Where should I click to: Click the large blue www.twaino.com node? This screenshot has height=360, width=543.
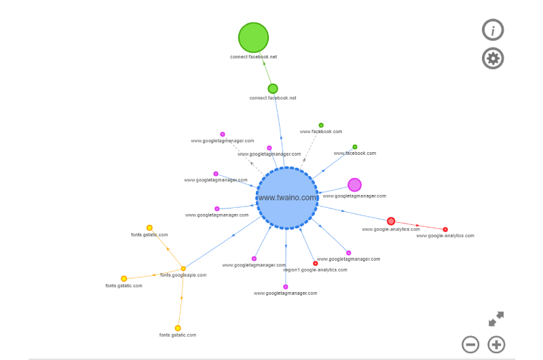coord(286,198)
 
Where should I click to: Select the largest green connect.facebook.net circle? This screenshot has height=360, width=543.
coord(253,37)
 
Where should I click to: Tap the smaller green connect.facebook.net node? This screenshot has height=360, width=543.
coord(273,89)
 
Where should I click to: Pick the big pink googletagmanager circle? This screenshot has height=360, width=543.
coord(354,185)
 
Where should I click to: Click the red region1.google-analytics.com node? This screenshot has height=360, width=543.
coord(316,264)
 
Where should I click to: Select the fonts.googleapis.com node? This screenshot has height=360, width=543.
coord(183,268)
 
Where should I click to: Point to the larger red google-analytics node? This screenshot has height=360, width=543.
coord(391,221)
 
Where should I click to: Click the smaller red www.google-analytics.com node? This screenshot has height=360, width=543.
coord(445,230)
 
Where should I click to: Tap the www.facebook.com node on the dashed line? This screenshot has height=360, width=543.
coord(321,125)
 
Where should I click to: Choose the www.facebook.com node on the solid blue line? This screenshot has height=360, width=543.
coord(355,147)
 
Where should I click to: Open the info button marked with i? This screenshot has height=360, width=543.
coord(493,30)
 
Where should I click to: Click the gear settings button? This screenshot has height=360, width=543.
coord(493,58)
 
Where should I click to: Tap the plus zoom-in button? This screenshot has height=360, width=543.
coord(496,345)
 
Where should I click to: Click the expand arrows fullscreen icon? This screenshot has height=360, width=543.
coord(496,319)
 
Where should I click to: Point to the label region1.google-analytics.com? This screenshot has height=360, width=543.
coord(315,270)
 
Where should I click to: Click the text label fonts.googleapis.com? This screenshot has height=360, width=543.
coord(183,275)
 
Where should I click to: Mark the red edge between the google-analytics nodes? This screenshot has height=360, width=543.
coord(418,226)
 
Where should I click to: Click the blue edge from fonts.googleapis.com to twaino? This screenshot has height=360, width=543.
coord(223,242)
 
